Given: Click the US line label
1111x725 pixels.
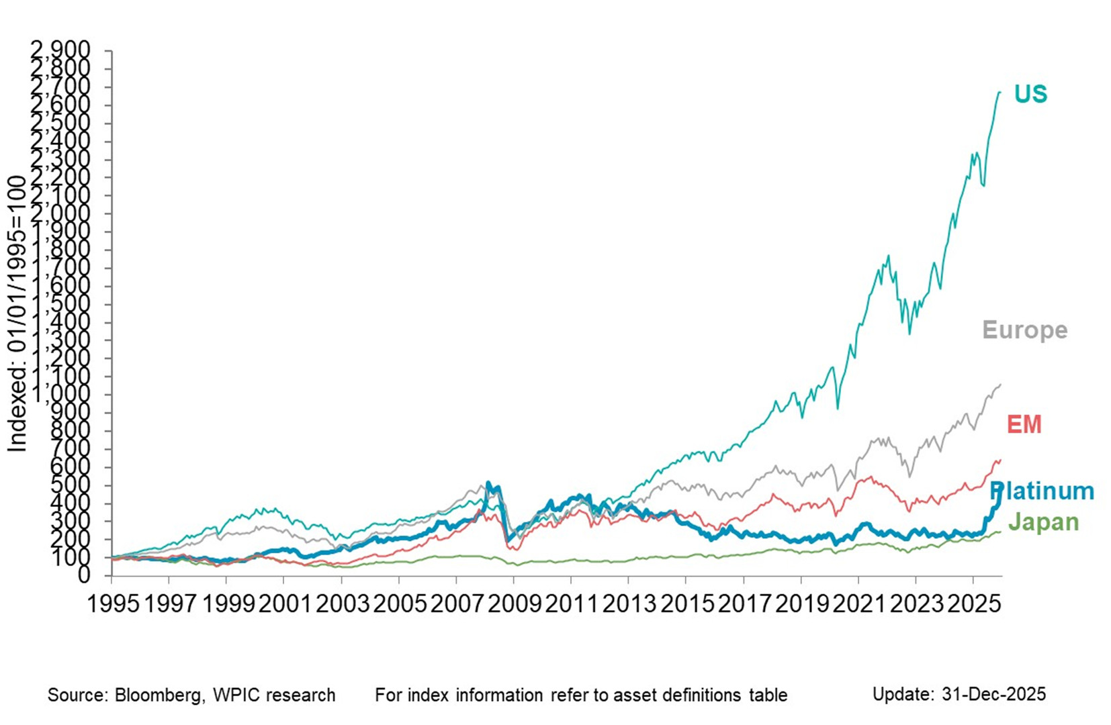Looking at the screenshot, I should pos(1030,94).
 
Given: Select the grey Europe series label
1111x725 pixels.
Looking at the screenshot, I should pos(1024,330).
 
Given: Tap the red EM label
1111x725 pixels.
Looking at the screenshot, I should pos(1024,424).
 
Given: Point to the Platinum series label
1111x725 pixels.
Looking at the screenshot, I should pos(1042,491).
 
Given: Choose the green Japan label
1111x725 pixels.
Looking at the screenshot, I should pos(1043,522).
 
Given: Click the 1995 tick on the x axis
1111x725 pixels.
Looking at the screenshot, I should pos(114,603).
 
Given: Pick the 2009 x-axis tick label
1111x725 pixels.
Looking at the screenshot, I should pos(514,603).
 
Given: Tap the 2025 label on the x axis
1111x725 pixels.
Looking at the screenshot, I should pos(973,603).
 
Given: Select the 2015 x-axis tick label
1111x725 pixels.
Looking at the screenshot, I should pos(686,603).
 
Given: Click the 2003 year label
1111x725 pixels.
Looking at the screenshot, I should pos(342,603).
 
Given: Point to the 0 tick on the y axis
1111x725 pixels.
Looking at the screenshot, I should pos(83,575).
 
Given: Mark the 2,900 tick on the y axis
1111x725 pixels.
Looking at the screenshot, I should pos(60,50).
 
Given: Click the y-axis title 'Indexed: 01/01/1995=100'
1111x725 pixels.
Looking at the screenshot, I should pos(17,313).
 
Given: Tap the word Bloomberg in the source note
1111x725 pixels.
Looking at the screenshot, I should pos(159,695).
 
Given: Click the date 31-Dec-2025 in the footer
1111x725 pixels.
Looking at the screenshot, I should pos(993,693).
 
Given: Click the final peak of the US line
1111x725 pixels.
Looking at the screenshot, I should pos(999,92).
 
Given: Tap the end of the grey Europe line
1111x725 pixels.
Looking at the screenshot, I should pos(1001,385).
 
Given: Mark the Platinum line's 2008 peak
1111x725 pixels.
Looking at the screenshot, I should pos(488,483).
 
